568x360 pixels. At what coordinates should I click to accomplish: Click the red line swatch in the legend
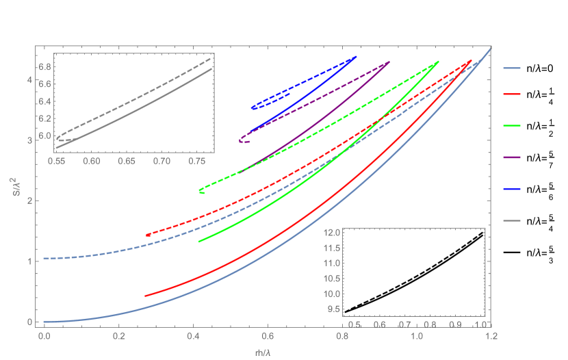point(512,94)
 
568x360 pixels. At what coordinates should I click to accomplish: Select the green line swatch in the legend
point(512,126)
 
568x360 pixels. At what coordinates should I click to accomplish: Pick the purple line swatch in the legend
point(512,157)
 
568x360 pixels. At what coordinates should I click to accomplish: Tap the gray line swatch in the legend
point(512,220)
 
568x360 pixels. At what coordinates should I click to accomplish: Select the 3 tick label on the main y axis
point(29,140)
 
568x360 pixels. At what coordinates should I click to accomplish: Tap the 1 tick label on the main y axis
point(29,261)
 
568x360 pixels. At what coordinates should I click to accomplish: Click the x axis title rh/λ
point(264,352)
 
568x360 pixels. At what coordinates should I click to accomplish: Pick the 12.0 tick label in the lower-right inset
point(332,233)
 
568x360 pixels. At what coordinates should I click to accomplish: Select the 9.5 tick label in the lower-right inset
point(333,309)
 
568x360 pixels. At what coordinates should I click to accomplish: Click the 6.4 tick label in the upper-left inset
point(44,102)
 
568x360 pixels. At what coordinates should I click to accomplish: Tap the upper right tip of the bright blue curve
point(357,57)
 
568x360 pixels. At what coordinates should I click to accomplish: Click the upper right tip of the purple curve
point(389,62)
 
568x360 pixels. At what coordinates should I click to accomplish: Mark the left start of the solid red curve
point(145,296)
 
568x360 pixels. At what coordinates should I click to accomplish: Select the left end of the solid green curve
point(198,242)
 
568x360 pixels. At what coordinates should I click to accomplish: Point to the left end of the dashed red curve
point(147,235)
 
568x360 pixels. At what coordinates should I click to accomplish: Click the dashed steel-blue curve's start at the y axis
point(44,258)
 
